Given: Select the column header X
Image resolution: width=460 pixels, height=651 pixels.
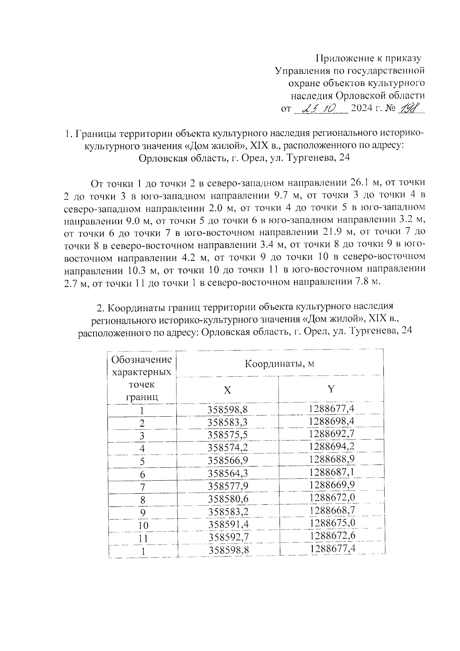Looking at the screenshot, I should pos(227,390).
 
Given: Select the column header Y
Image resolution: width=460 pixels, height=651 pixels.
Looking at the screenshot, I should pos(331,389).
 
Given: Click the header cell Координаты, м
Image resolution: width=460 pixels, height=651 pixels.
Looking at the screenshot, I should pos(279,363).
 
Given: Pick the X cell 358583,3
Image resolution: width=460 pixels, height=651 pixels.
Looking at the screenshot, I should pos(228,423).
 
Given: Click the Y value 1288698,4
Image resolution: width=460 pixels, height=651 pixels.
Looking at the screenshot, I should pos(332,421).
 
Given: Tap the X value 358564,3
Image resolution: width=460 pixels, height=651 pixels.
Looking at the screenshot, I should pos(228,473).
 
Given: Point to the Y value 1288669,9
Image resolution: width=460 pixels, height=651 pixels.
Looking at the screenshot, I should pos(332,485).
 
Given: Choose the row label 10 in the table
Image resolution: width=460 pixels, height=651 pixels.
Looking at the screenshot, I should pos(143,526).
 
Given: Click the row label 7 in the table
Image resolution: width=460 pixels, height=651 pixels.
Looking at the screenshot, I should pos(143,487).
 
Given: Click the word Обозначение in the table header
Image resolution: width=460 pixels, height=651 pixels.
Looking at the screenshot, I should pos(141,360).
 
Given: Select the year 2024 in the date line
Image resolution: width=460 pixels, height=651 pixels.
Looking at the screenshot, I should pos(361,109).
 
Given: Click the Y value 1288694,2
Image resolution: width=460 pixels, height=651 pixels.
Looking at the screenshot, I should pos(332,447).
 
